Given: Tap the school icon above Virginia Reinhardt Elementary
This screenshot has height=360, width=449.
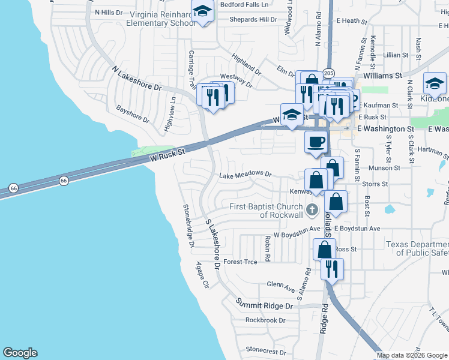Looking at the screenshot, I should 203,11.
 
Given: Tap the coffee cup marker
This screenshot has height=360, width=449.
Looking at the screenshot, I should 316,142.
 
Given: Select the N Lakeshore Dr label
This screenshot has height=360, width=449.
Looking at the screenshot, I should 137,79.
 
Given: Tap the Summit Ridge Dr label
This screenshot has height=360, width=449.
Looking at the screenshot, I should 264,305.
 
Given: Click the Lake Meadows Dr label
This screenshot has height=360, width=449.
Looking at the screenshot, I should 246,175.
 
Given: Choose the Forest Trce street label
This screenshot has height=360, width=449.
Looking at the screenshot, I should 240,262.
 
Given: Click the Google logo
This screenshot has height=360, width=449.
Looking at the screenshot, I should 20,353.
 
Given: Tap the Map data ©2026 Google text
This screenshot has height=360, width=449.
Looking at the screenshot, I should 412,355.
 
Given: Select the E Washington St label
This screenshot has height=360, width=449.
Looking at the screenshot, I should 385,129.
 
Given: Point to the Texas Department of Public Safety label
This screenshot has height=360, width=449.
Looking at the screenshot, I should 417,248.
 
